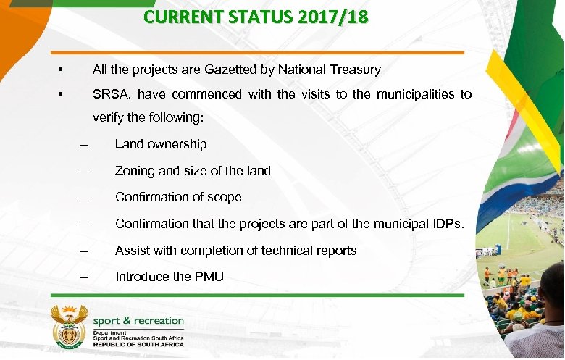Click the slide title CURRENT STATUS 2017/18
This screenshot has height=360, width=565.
click(256, 17)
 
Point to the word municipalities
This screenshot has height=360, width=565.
click(405, 94)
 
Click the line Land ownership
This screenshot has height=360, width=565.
click(160, 144)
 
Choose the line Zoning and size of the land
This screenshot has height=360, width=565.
click(193, 171)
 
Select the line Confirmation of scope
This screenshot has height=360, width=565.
click(178, 197)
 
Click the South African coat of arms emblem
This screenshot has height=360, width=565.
click(70, 326)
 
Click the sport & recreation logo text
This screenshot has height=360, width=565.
click(138, 321)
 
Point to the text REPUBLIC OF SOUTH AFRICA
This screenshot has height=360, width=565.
click(138, 344)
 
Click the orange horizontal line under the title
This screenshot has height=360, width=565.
click(256, 52)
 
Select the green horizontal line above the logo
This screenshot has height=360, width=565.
click(256, 296)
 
